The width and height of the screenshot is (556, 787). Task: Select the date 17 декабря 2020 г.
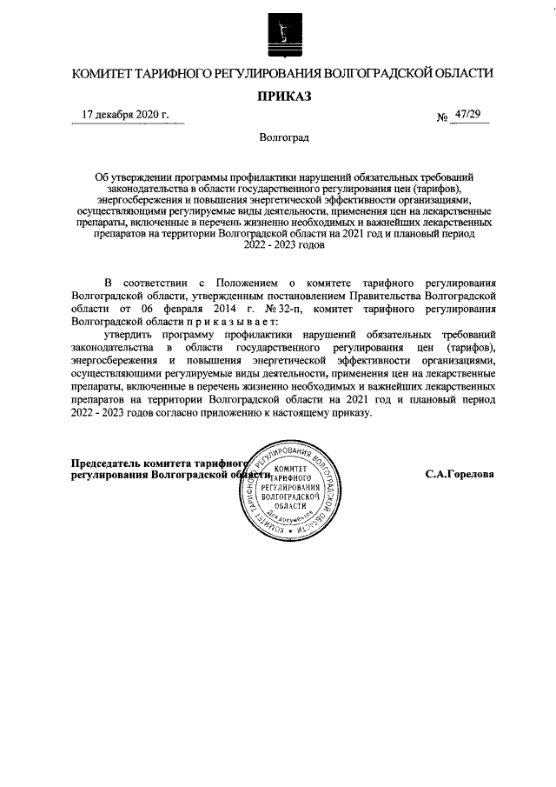pos(124,115)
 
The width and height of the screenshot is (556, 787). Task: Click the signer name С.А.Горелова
pos(460,476)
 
